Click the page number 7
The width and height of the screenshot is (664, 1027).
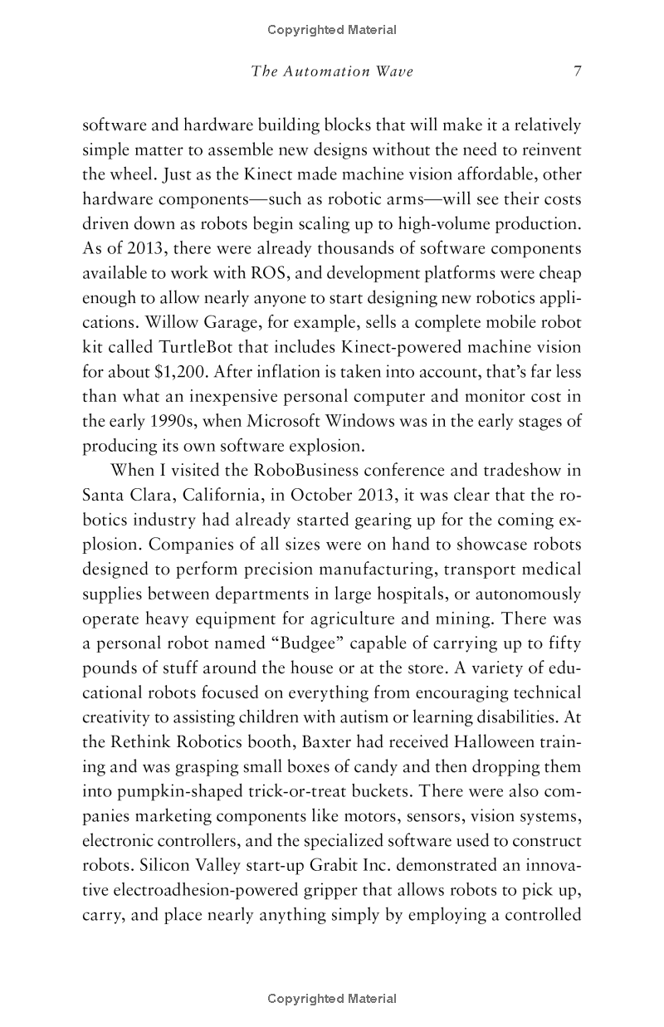coord(577,71)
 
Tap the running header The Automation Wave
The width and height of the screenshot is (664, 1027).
coord(332,71)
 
